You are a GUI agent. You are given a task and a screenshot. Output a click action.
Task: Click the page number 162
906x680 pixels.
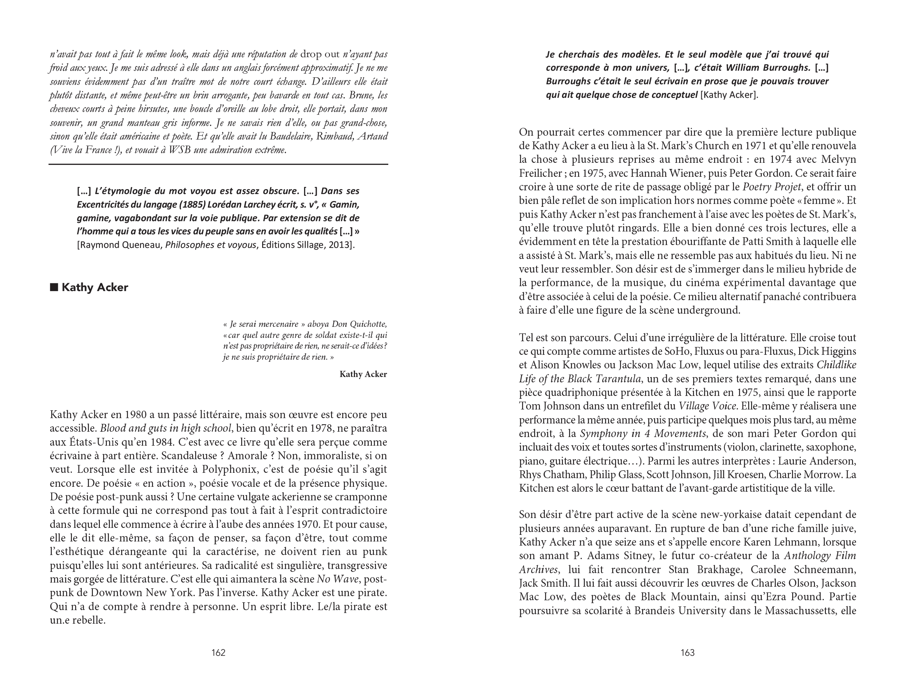point(218,652)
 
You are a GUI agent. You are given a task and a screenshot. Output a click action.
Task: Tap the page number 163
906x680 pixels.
point(687,652)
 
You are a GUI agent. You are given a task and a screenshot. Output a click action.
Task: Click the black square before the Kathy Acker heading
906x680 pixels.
point(53,287)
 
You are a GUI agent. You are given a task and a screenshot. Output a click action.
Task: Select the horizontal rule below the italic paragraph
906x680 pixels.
point(218,164)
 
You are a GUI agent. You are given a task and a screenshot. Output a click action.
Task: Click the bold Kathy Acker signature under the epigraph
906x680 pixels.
point(363,374)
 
